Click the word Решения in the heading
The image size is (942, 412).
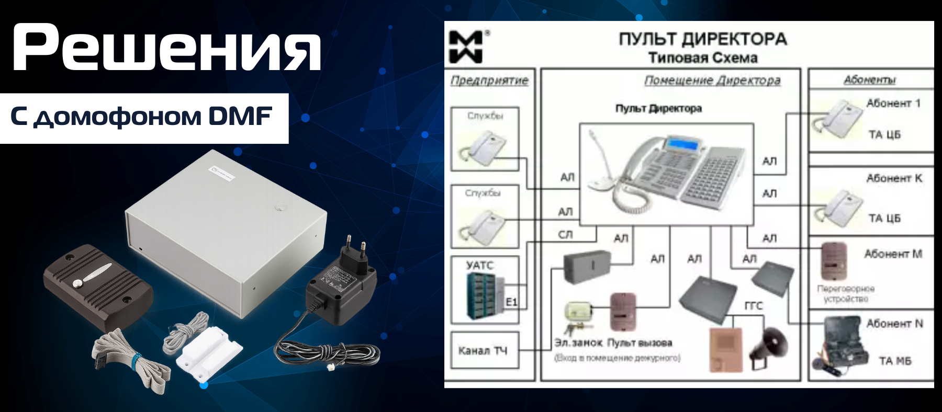pyautogui.click(x=166, y=47)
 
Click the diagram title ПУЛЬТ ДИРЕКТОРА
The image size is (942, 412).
pyautogui.click(x=702, y=39)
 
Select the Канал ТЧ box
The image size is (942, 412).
pyautogui.click(x=483, y=350)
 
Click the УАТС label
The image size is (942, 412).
pyautogui.click(x=479, y=265)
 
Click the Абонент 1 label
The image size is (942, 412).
pyautogui.click(x=893, y=103)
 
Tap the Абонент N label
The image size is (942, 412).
pyautogui.click(x=894, y=324)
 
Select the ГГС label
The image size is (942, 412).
pyautogui.click(x=753, y=305)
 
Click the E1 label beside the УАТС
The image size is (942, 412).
pyautogui.click(x=511, y=302)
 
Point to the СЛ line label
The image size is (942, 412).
pyautogui.click(x=566, y=235)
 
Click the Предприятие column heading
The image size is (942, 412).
pyautogui.click(x=489, y=81)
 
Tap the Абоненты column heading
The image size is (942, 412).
pyautogui.click(x=870, y=79)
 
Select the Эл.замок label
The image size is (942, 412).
pyautogui.click(x=578, y=343)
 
